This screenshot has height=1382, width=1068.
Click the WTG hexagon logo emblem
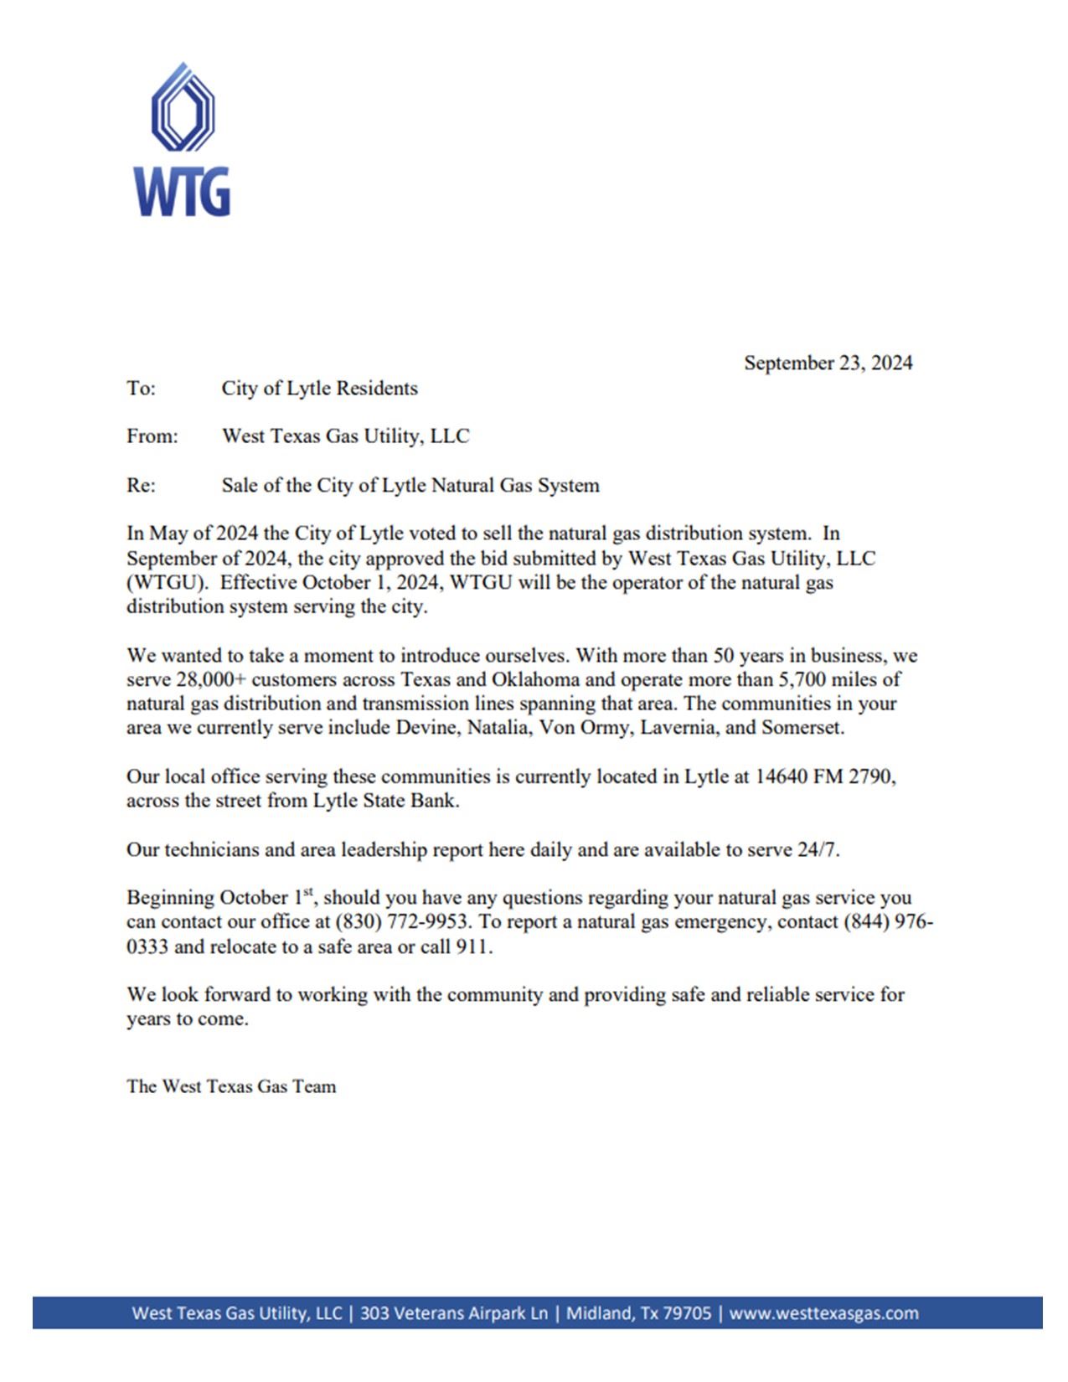[x=183, y=108]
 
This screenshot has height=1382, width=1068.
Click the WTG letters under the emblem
[x=182, y=192]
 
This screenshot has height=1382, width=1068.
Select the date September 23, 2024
[x=828, y=363]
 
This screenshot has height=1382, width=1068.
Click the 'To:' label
[x=141, y=388]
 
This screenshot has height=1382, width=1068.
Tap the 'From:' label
[x=152, y=436]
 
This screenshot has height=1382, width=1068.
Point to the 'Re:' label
[x=141, y=485]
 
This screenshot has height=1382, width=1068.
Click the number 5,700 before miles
[x=802, y=679]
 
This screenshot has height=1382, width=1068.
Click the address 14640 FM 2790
[x=824, y=776]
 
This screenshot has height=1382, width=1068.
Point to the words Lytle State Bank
[x=385, y=800]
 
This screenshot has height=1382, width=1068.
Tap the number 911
[x=472, y=946]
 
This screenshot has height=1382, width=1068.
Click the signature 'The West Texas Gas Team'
[x=231, y=1086]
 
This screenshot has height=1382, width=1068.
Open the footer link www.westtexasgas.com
[x=823, y=1312]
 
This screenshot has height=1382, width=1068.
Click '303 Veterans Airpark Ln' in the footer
[x=453, y=1312]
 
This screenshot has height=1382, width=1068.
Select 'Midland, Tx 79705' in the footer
[x=638, y=1312]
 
